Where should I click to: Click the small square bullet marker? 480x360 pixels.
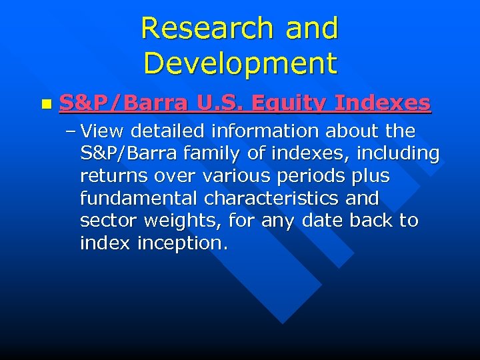tap(45, 105)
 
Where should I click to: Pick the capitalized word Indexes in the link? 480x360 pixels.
tap(382, 103)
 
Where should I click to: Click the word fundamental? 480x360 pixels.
tap(139, 199)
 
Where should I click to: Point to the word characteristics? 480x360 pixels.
tap(273, 199)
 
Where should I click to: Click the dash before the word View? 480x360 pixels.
tap(71, 131)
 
